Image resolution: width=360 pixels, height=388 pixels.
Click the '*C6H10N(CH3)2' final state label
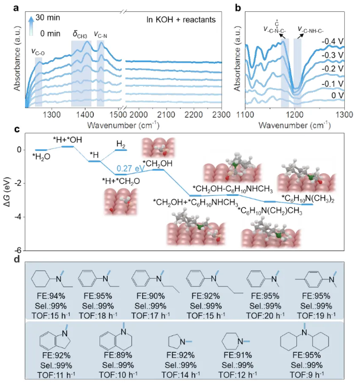308,198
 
